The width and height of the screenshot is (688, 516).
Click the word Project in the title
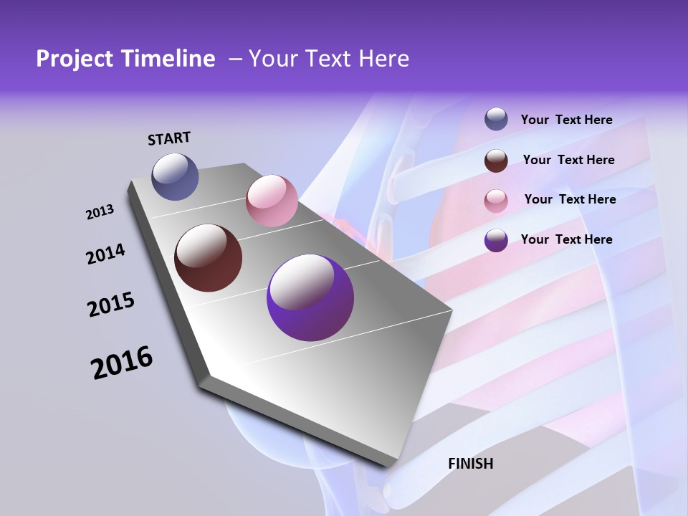point(72,59)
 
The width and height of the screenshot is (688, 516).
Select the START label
point(169,138)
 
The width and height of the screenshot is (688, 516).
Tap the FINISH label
point(471,464)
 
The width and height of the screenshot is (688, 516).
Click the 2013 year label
point(100,212)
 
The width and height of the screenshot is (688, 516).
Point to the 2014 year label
point(105,254)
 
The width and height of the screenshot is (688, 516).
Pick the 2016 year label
point(122,363)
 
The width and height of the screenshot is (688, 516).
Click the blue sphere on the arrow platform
point(176,176)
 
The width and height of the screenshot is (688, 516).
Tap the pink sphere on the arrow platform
point(272,201)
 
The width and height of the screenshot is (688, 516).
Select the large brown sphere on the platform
point(209,258)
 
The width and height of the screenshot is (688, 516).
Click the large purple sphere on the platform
point(310,297)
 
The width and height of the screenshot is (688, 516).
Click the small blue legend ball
point(496,119)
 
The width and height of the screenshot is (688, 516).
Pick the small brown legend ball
point(496,160)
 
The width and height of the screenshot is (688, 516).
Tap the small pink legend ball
point(496,200)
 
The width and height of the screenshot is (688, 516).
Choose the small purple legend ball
point(496,240)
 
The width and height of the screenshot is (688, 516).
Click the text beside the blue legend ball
point(566,120)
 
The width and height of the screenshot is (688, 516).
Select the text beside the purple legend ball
point(566,239)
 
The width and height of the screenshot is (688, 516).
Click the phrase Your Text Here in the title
point(328,59)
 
